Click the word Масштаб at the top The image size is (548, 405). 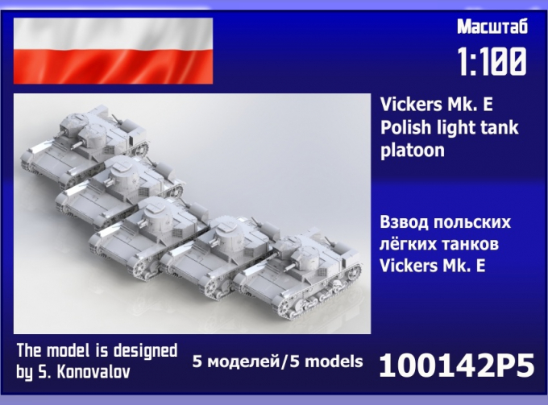click(492, 28)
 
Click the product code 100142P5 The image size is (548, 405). click(456, 366)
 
